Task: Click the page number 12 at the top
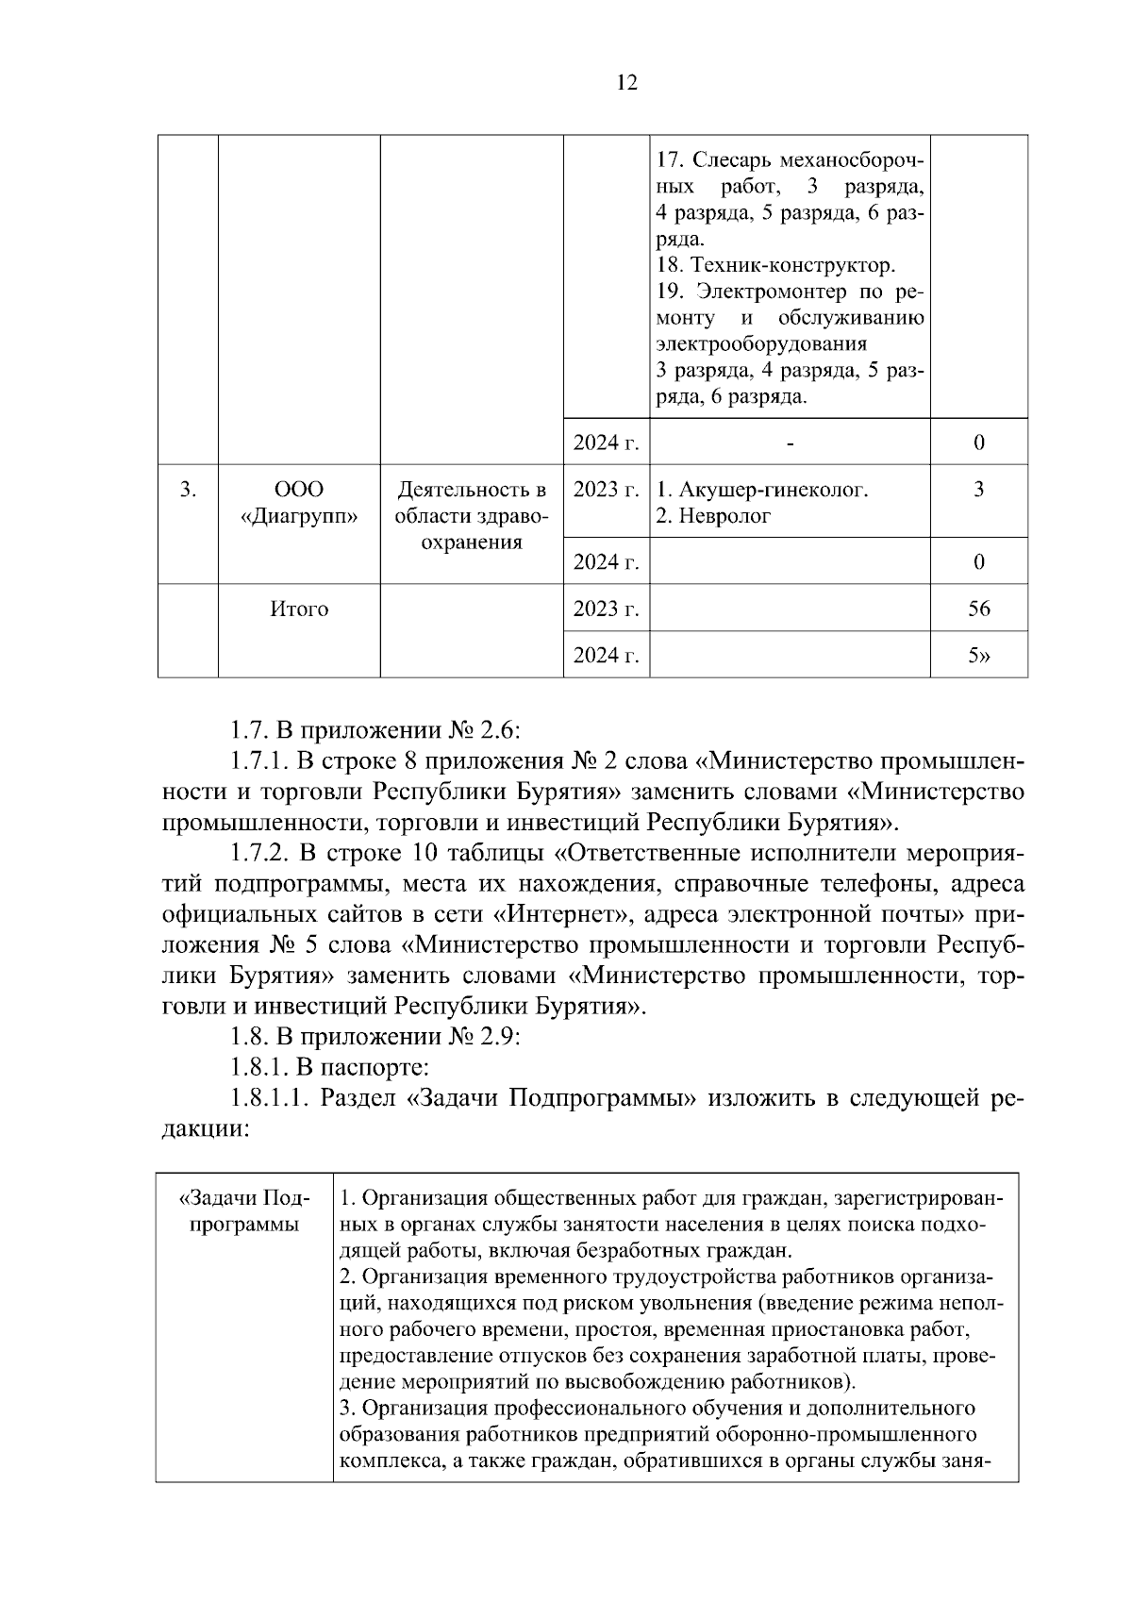point(626,83)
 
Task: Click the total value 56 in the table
point(978,609)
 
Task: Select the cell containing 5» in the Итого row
point(978,656)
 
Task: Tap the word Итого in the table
point(299,609)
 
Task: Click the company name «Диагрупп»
point(299,516)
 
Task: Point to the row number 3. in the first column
point(188,490)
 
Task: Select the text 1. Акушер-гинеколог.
point(761,490)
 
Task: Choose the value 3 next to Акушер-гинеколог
point(978,490)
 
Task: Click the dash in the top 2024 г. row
point(790,442)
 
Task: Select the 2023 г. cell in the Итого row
point(606,609)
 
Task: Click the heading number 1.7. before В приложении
point(249,729)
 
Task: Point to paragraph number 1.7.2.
point(260,854)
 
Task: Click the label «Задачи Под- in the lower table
point(243,1198)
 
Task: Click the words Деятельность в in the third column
point(471,491)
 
